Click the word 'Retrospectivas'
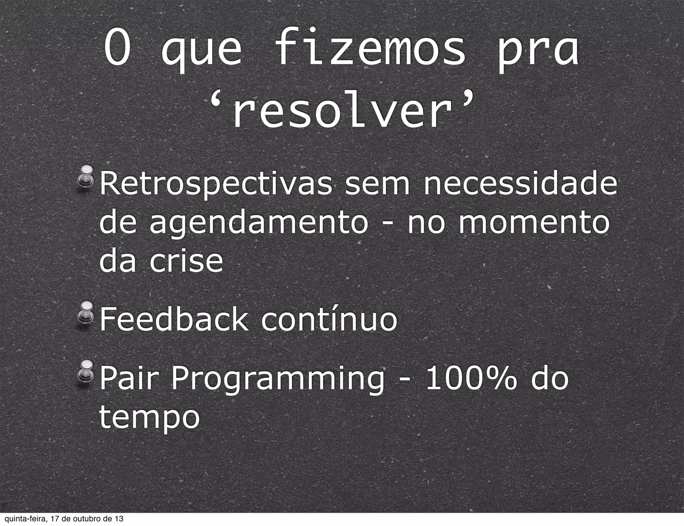tap(216, 186)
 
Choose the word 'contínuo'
tap(329, 319)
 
